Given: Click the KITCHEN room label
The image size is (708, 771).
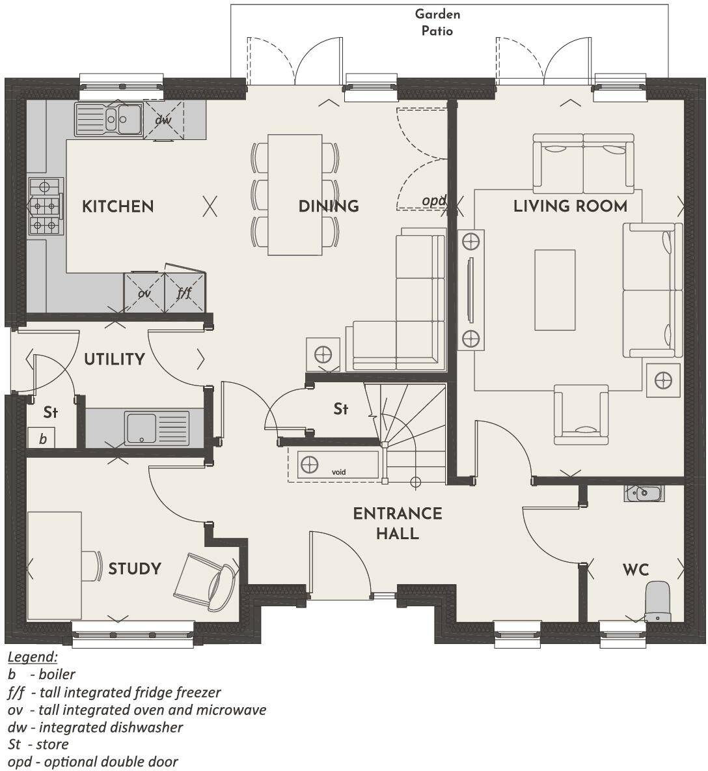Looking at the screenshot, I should [118, 206].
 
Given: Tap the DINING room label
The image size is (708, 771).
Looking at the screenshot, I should [329, 206].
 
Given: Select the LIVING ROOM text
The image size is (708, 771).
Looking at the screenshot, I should [570, 206].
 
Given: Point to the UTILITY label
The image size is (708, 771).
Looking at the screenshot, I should [115, 359].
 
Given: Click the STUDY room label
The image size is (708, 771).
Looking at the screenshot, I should [134, 568].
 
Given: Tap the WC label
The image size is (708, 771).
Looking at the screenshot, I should [635, 570].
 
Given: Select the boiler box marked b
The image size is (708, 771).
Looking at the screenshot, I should [42, 438].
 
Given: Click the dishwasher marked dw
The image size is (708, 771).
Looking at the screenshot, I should [163, 120].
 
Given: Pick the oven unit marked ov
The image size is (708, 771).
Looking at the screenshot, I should [144, 293].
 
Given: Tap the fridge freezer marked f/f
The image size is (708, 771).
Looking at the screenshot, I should [185, 293].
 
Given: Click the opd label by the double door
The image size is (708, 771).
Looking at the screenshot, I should [433, 201].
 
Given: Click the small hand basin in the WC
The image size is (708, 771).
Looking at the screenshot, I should [643, 493].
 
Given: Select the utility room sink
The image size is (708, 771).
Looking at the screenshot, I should [157, 428].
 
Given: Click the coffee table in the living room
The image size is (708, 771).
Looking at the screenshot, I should [554, 290].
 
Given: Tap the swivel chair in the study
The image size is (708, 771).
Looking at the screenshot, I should [206, 582].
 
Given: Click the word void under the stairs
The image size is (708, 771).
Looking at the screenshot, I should [338, 471].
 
